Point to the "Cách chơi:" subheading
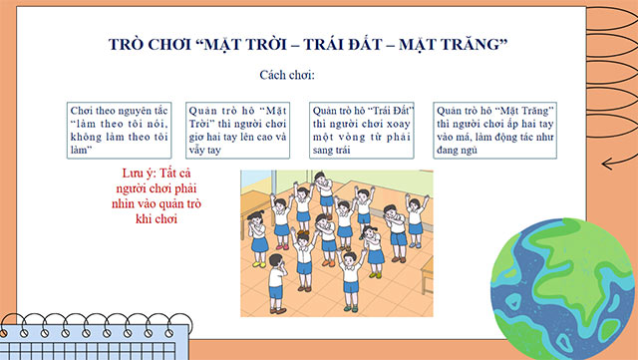point(287,75)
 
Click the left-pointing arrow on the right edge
point(617,167)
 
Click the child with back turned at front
point(349,267)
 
